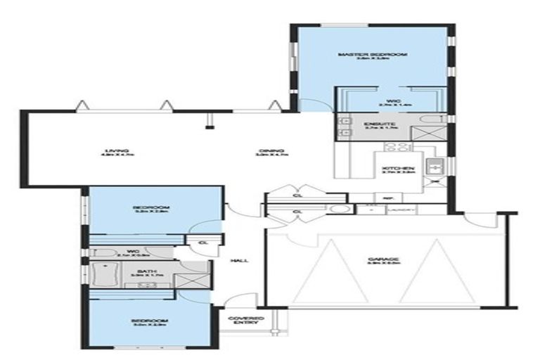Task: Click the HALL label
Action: click(238, 261)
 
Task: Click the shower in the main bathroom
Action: click(194, 276)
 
